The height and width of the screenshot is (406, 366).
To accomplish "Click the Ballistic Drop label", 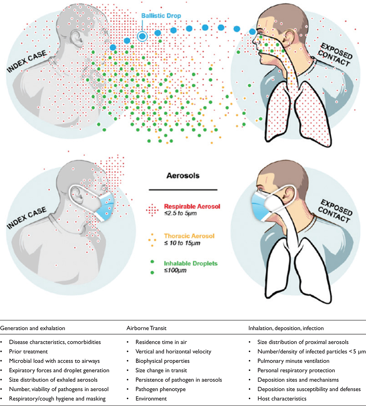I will tap(161, 16).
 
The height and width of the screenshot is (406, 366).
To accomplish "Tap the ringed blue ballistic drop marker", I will tap(142, 36).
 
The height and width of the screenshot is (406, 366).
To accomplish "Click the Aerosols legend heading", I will tap(183, 176).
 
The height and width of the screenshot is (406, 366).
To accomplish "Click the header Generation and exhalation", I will tap(33, 328).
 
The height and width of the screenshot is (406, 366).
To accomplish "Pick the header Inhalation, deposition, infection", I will tap(286, 328).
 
